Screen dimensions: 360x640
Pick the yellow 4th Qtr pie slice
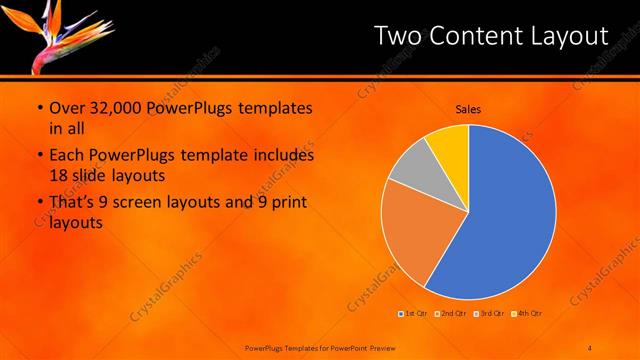point(449,145)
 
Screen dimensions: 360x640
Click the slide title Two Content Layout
point(490,36)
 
